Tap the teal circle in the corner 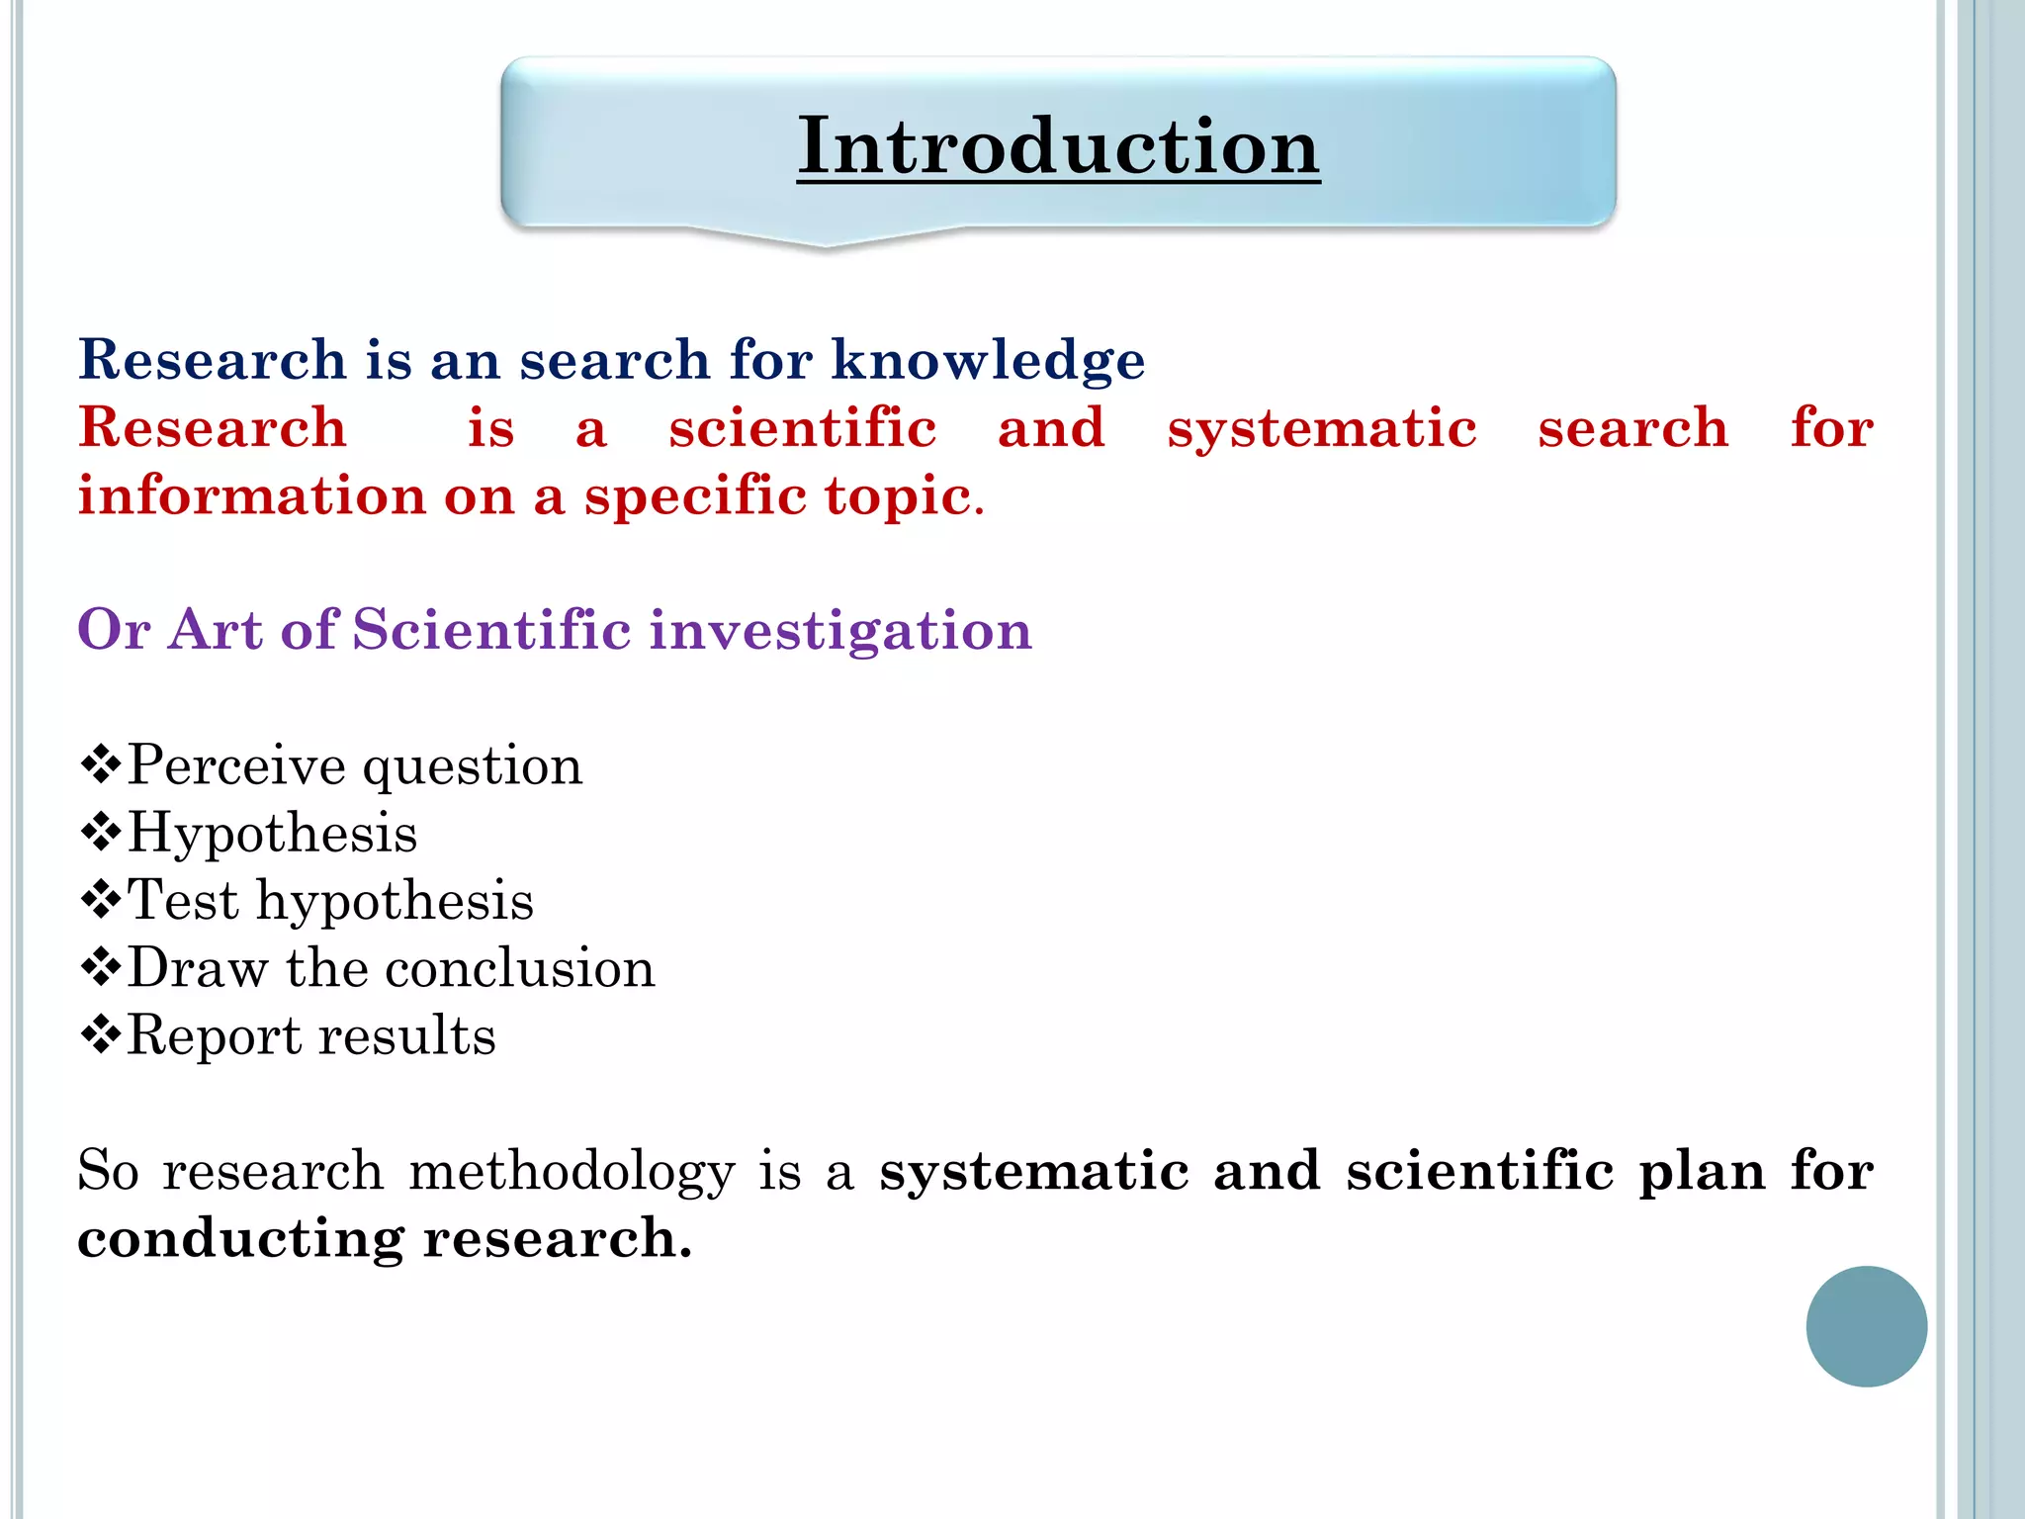tap(1866, 1326)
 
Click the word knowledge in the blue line tap(988, 359)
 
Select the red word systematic tap(1322, 428)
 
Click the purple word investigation tap(840, 630)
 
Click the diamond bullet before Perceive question tap(100, 764)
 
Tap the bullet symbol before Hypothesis tap(100, 833)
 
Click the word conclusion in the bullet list tap(518, 968)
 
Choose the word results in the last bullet tap(406, 1036)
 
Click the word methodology tap(572, 1172)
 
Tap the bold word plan tap(1702, 1172)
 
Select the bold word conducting tap(240, 1239)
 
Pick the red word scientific tap(802, 428)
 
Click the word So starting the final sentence tap(108, 1172)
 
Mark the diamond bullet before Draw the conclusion tap(100, 968)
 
